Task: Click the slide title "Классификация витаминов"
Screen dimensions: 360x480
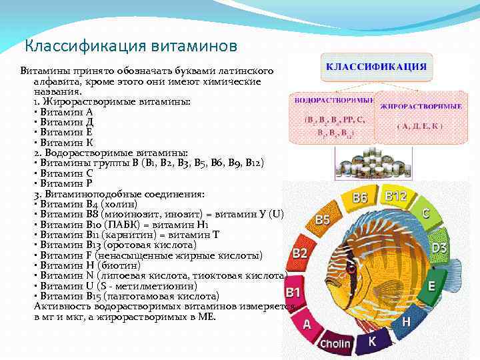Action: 130,47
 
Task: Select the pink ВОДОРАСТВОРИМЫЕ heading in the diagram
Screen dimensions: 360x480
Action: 332,100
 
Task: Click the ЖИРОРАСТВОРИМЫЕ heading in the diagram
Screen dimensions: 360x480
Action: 421,106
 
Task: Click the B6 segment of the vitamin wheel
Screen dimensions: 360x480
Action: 361,198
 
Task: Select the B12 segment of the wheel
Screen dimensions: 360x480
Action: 396,196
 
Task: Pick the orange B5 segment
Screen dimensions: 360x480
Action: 323,219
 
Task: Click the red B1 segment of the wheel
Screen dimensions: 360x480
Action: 293,292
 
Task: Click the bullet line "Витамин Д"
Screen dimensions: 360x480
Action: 67,122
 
